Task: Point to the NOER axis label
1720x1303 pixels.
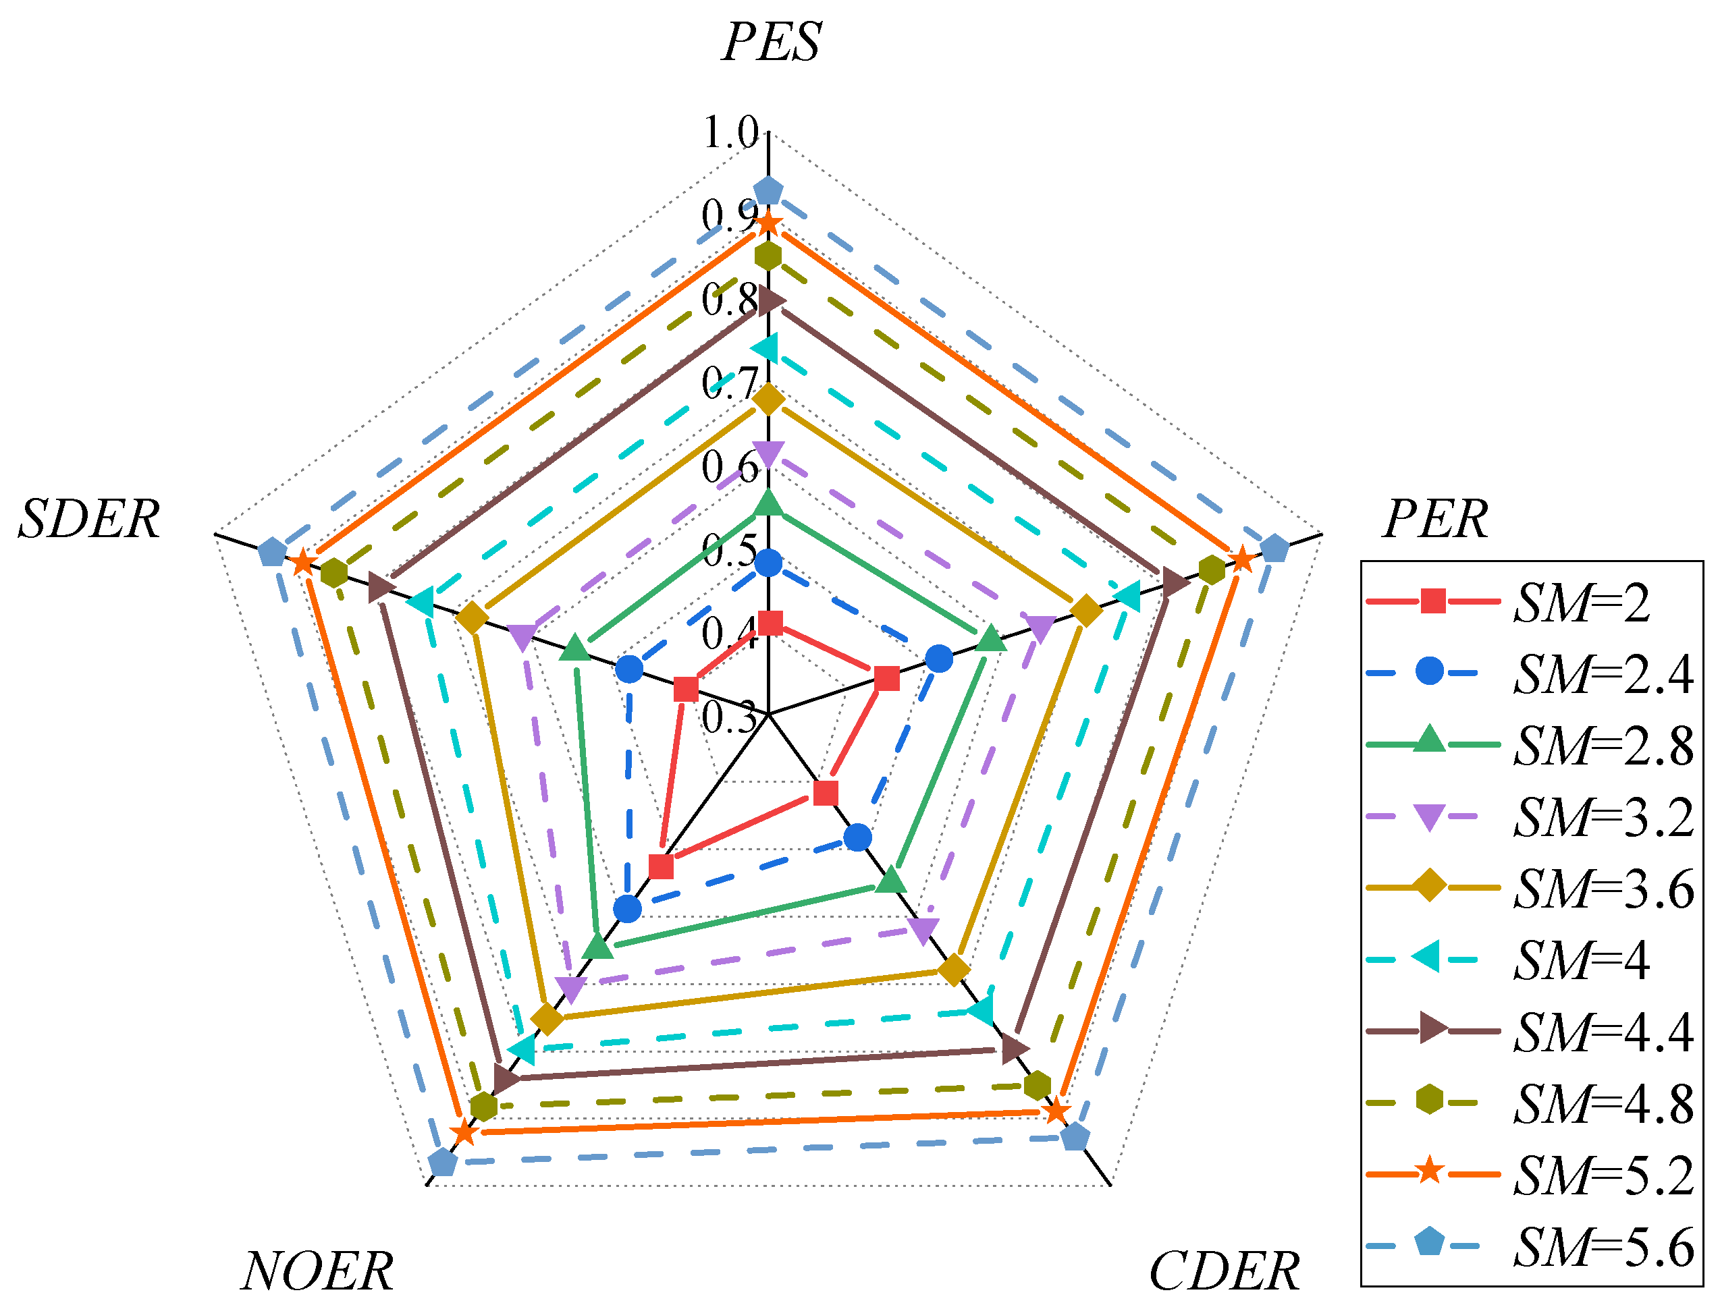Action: click(317, 1271)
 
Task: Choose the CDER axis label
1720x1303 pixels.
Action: click(1224, 1271)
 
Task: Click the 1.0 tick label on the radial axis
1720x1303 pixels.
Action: click(730, 132)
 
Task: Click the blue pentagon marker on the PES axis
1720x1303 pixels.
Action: click(768, 190)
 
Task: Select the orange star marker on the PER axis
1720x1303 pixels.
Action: click(1242, 559)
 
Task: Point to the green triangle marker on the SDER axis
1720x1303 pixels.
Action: click(574, 648)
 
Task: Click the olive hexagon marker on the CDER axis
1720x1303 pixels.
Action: click(1038, 1084)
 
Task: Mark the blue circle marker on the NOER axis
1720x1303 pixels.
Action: click(626, 908)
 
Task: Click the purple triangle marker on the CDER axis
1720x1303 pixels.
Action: click(923, 930)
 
